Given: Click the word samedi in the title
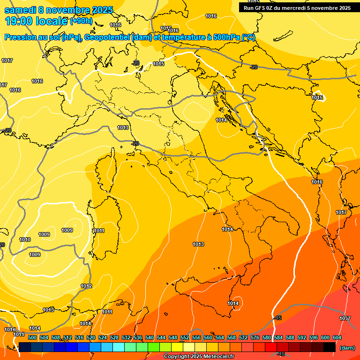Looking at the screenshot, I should click(20, 10).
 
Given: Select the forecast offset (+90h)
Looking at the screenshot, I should click(81, 21).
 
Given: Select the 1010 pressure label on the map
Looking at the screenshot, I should click(25, 240).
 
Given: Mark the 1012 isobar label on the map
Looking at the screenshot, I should click(86, 286).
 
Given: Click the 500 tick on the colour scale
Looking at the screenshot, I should click(32, 337).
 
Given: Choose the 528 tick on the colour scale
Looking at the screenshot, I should click(114, 337).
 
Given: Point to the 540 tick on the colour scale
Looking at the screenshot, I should click(150, 337).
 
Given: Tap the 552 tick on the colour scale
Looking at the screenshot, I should click(185, 337).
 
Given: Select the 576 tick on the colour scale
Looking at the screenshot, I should click(255, 337).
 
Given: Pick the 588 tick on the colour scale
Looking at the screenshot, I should click(290, 337).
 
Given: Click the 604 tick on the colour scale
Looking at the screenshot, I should click(337, 337).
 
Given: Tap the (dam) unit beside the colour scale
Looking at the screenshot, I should click(347, 348).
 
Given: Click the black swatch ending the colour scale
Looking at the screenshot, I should click(330, 347).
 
